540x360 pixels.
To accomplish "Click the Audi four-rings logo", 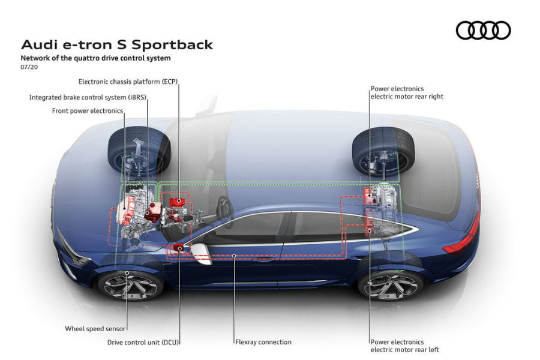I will tap(483, 30).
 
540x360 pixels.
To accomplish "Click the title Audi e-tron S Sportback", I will tap(117, 45).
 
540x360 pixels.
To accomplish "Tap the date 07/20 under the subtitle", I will tap(28, 68).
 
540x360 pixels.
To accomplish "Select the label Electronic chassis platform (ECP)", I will tap(128, 81).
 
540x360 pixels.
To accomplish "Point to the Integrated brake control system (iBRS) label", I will tap(88, 97).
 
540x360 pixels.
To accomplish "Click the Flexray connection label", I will tap(263, 342).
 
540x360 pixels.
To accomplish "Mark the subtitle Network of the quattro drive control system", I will tap(96, 58).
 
